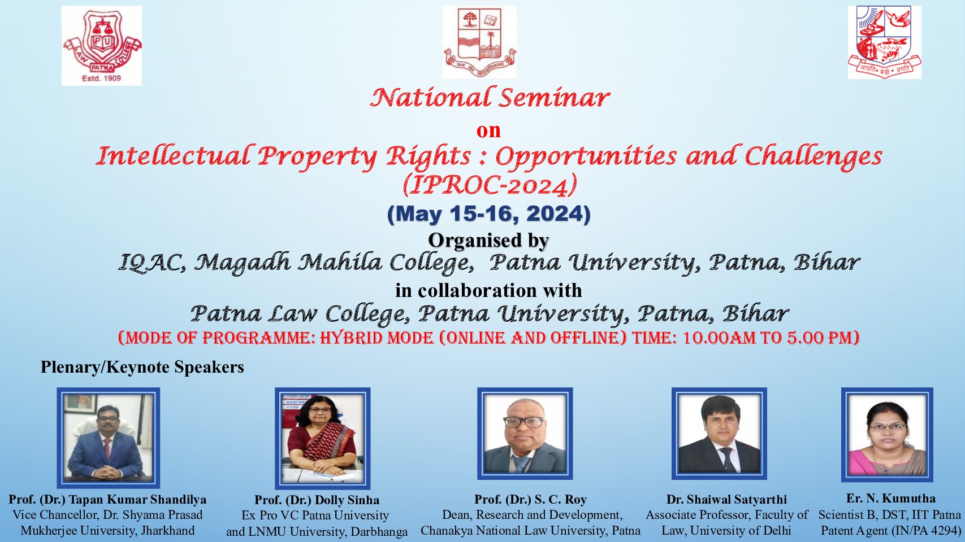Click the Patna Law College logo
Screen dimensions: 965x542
point(102,46)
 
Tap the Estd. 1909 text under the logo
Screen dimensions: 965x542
point(102,78)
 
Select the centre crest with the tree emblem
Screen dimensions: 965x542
point(479,42)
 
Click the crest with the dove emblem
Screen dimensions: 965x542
point(884,42)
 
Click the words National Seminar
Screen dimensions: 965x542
point(490,98)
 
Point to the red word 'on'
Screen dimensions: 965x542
point(488,130)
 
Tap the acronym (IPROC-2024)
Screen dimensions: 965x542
point(490,185)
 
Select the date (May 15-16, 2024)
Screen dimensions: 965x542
point(489,214)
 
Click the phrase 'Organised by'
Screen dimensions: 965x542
point(488,241)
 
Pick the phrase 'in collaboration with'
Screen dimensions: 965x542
point(488,290)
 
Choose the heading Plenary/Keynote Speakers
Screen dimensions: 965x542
point(142,368)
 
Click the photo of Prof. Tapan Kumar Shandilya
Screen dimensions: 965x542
point(108,438)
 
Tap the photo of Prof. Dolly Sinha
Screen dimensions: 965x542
point(323,438)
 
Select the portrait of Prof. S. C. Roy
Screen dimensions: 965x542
point(525,434)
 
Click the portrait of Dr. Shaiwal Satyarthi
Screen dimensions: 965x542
point(719,434)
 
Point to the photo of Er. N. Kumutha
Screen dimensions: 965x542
point(887,435)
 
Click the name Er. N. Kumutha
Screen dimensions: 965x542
point(891,499)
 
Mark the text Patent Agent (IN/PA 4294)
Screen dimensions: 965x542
point(891,530)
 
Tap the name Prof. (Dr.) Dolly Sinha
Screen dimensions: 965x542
point(317,500)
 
